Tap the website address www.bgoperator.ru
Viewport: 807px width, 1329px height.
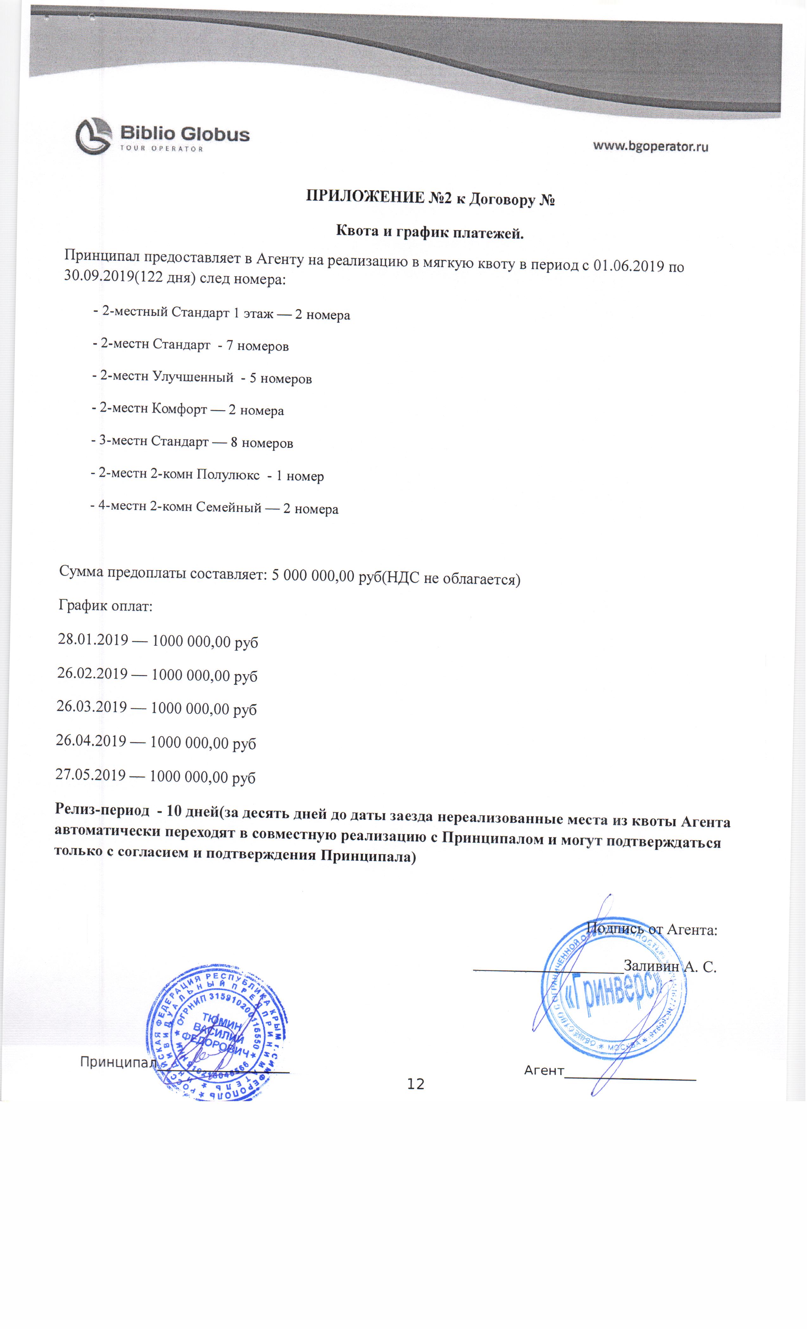(651, 146)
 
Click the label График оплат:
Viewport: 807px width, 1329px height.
(106, 606)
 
